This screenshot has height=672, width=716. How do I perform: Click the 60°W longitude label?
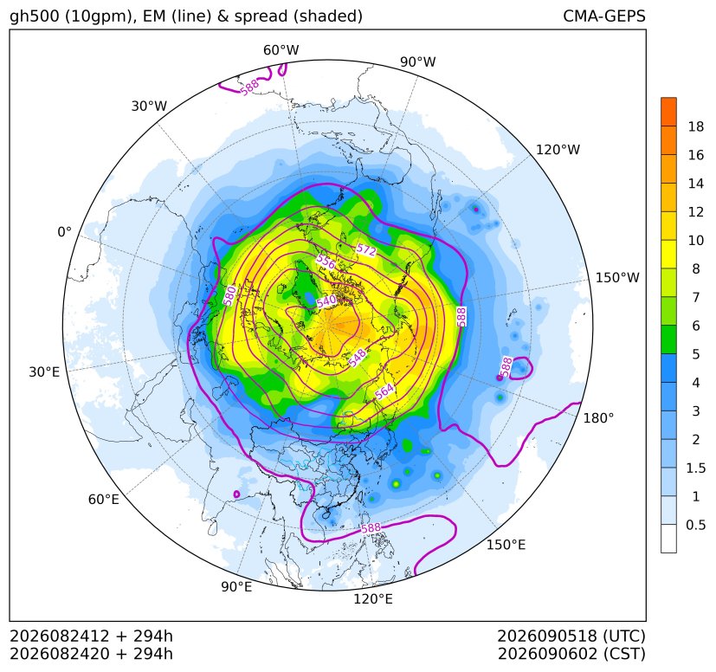point(281,50)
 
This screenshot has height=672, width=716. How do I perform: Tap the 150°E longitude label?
point(506,545)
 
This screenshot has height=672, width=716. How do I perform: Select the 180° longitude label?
point(598,418)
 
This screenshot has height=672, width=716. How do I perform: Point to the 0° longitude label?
point(64,232)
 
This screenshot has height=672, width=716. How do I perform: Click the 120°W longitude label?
point(558,150)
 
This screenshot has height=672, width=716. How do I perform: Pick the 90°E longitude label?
point(236,586)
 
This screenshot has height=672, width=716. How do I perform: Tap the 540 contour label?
point(326,301)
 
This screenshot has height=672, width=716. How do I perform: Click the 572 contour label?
point(366,250)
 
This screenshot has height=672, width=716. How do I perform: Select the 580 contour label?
point(229,295)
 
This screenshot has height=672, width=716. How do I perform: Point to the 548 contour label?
point(357,357)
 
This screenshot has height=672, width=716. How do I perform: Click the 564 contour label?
point(384,391)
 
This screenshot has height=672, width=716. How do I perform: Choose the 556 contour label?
point(326,262)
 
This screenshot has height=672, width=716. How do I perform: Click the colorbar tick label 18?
point(696,126)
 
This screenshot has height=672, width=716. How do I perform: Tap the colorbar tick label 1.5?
point(696,468)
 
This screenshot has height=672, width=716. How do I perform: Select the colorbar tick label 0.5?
point(696,525)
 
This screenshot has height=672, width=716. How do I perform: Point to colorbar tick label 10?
point(696,240)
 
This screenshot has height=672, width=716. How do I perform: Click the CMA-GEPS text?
point(604,16)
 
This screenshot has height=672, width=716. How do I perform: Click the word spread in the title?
point(261,16)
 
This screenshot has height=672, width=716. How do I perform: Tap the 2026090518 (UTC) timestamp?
point(571,636)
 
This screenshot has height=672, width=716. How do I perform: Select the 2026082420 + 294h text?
point(91,654)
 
